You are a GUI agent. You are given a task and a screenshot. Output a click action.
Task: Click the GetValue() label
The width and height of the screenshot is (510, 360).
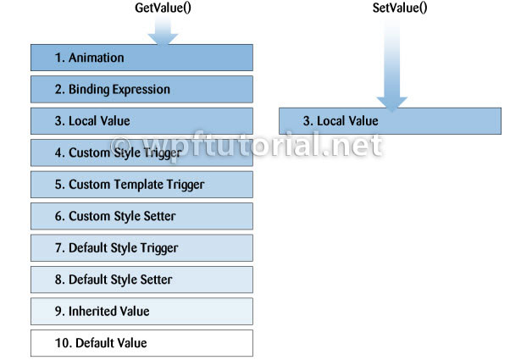pos(163,8)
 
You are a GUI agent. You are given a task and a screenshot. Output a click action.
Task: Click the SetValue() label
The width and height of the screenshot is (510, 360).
pos(400,8)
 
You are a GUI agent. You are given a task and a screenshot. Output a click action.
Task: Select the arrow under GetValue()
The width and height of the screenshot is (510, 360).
pos(163,30)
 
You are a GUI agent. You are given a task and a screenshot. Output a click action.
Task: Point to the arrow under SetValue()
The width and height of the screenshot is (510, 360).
pos(392,64)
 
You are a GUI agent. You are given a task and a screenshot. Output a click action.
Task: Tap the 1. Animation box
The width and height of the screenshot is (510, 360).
pos(141,58)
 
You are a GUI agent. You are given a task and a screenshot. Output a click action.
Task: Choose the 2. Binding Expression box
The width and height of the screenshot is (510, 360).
pos(141,89)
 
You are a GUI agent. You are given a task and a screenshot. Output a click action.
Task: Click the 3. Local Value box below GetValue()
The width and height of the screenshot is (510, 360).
pos(141,121)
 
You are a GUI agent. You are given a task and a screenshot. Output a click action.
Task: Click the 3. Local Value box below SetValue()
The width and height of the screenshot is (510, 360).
pos(390,121)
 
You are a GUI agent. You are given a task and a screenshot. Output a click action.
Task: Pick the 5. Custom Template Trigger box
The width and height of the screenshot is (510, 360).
pos(141,185)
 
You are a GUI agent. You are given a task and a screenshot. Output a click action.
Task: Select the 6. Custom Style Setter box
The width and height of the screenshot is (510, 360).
pos(141,216)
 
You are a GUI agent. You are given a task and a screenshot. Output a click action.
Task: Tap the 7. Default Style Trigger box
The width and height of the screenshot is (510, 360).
pos(141,248)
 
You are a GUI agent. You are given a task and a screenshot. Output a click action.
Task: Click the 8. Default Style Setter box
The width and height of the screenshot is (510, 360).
pos(141,280)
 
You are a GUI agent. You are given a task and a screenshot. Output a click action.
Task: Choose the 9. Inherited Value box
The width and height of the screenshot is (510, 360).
pos(141,311)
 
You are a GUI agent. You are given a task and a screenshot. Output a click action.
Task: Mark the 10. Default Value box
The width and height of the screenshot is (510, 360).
pos(141,343)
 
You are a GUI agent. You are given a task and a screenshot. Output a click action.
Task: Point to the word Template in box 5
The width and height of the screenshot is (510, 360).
pos(139,185)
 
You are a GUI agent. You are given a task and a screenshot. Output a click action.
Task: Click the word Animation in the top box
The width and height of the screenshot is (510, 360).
pos(97,58)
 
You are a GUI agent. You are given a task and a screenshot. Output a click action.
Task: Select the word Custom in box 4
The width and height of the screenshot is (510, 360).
pos(89,152)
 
